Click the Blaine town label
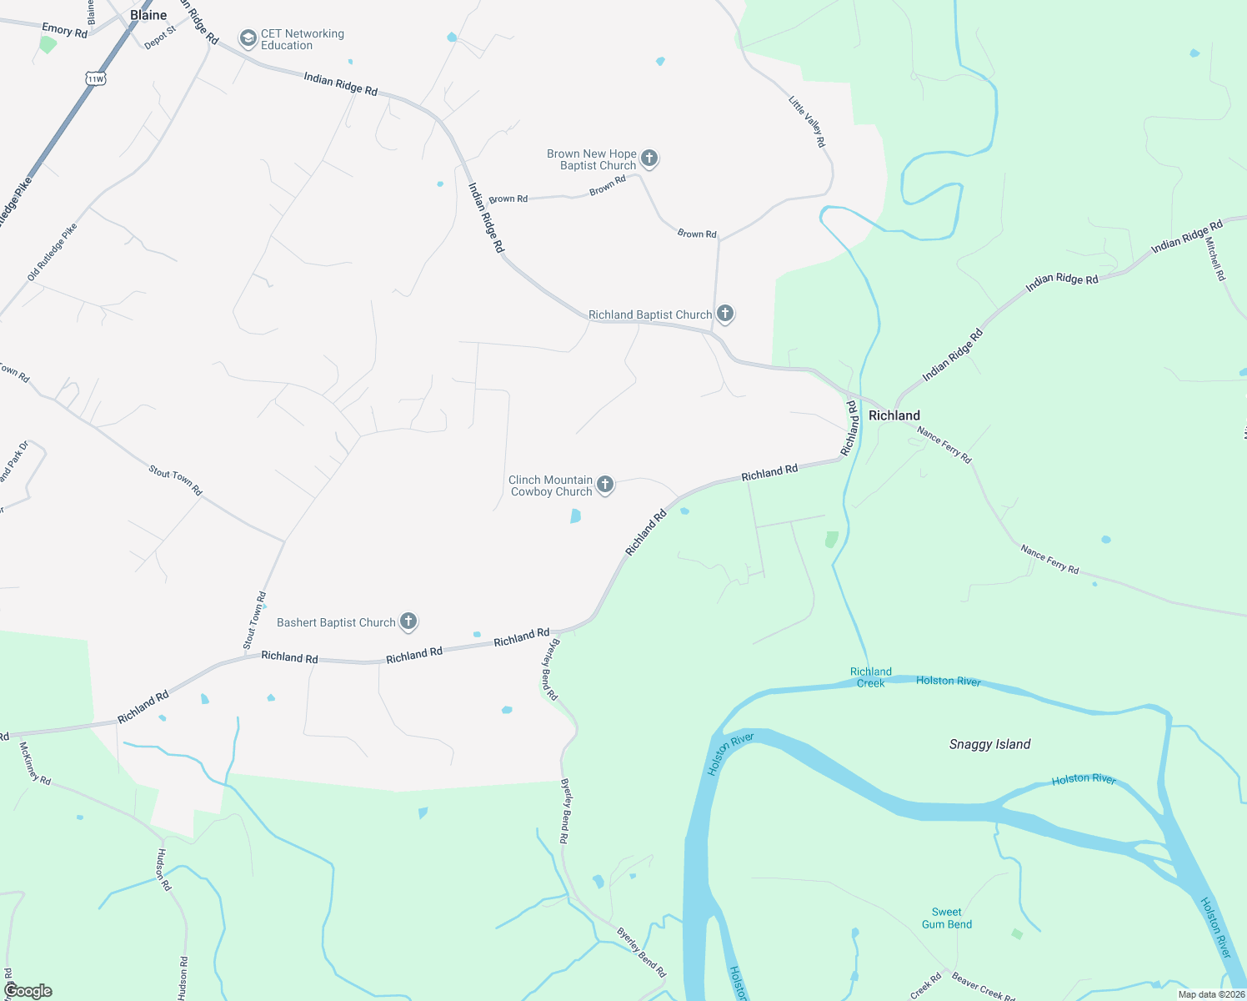pyautogui.click(x=148, y=15)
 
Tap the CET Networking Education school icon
pyautogui.click(x=248, y=38)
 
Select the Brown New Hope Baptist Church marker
pyautogui.click(x=649, y=158)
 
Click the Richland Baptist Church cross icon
pyautogui.click(x=725, y=314)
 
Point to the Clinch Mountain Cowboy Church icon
pyautogui.click(x=606, y=485)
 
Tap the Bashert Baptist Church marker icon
pyautogui.click(x=408, y=621)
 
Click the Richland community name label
pyautogui.click(x=894, y=415)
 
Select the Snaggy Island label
pyautogui.click(x=989, y=744)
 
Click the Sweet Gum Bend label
pyautogui.click(x=947, y=918)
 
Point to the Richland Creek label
pyautogui.click(x=871, y=677)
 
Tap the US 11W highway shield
pyautogui.click(x=95, y=79)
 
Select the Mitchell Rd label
pyautogui.click(x=1215, y=259)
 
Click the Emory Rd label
pyautogui.click(x=64, y=31)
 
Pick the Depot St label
pyautogui.click(x=160, y=38)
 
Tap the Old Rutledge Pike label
pyautogui.click(x=52, y=252)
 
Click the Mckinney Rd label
pyautogui.click(x=35, y=763)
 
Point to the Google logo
pyautogui.click(x=28, y=991)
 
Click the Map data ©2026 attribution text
pyautogui.click(x=1211, y=994)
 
